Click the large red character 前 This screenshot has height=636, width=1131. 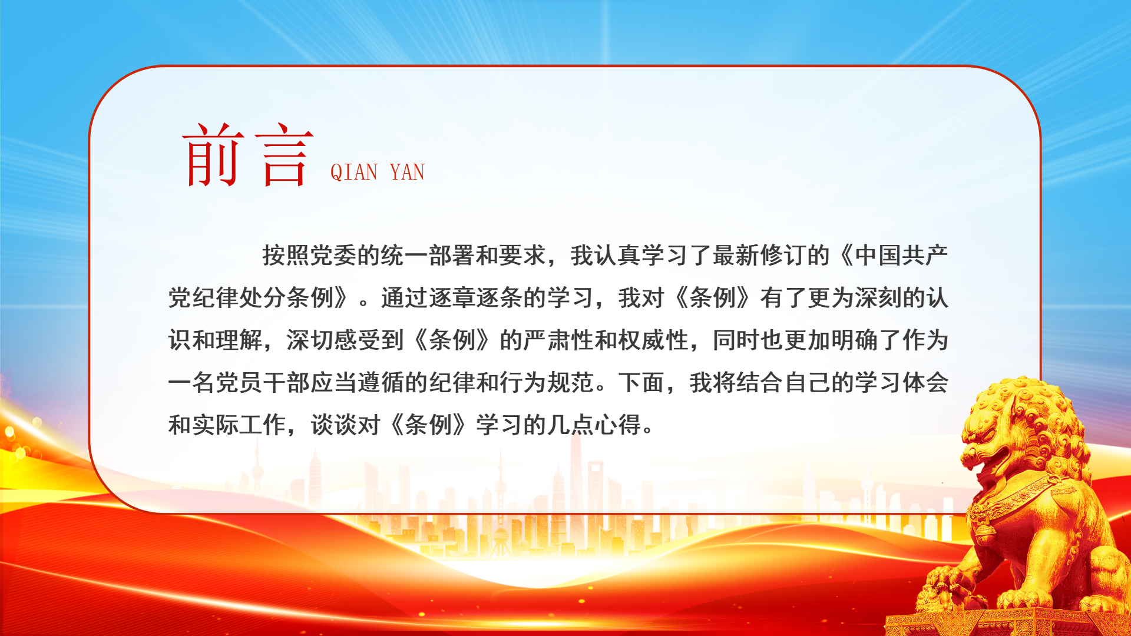pos(213,154)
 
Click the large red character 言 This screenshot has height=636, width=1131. pos(284,155)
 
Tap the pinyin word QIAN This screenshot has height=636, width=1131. pos(354,173)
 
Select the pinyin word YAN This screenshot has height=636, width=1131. pos(407,172)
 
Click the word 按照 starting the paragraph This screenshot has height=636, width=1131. pos(286,256)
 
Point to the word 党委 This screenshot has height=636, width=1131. pos(333,256)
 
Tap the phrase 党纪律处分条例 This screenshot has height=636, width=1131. pos(251,298)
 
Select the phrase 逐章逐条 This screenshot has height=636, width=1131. pos(475,298)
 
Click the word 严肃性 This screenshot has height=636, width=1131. pos(558,340)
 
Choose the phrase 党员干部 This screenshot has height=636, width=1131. pos(263,383)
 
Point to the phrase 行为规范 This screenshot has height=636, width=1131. pos(547,383)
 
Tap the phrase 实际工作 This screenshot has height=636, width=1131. pos(239,425)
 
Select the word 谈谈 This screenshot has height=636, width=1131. pos(333,425)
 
